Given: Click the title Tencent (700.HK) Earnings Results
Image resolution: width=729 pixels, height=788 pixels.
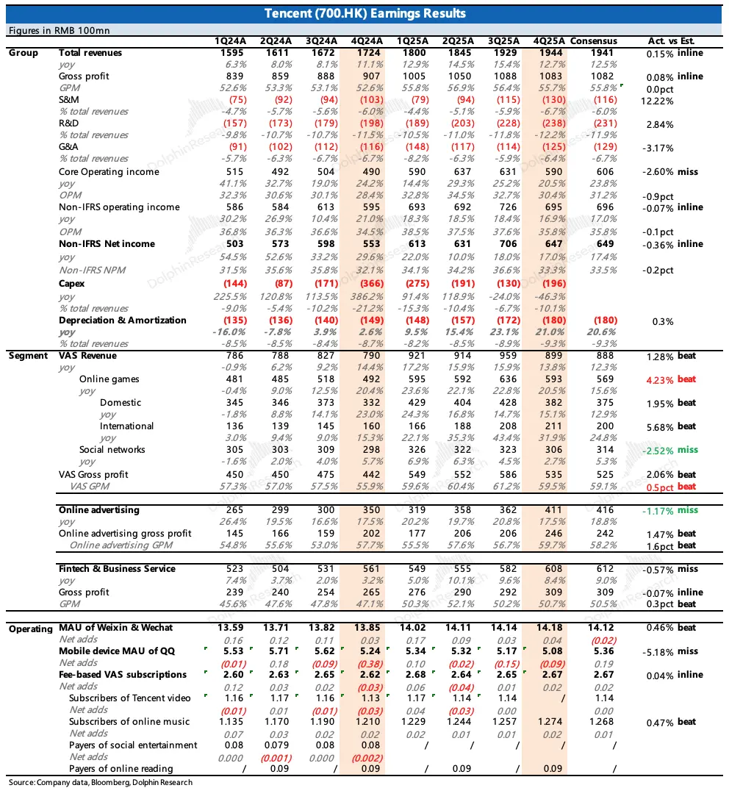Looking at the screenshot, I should (364, 14).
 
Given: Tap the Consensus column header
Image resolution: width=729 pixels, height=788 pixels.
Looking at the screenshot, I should (594, 41).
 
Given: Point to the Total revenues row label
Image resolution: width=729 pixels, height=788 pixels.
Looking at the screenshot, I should (90, 53).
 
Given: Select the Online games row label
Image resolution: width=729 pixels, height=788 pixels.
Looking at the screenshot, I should (109, 379).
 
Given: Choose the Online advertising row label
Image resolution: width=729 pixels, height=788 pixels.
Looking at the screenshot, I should (98, 510).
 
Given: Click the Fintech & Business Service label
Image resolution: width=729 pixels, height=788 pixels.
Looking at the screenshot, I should (117, 569).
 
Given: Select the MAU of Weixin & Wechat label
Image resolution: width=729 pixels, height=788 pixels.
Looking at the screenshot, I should (115, 628).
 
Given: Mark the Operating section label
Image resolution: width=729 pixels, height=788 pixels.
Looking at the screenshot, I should (30, 628).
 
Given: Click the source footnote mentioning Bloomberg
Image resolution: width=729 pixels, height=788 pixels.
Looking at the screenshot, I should (101, 782).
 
